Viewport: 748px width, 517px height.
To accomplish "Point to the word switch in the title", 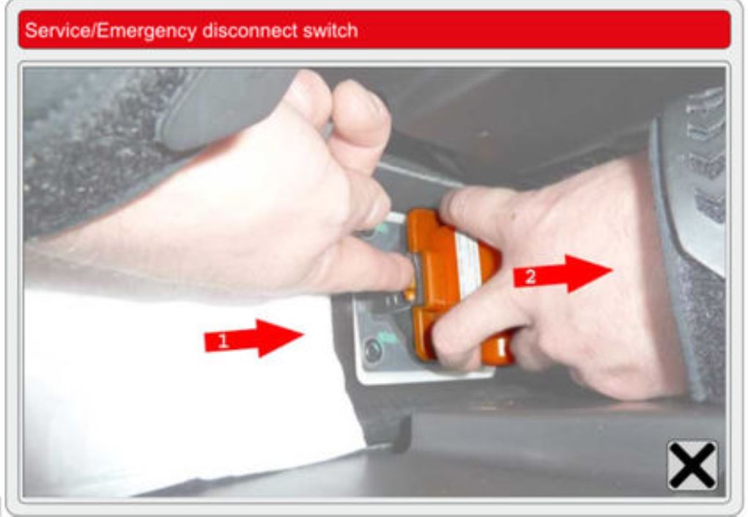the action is pyautogui.click(x=330, y=31).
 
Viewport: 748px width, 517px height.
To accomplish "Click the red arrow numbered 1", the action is pyautogui.click(x=253, y=338).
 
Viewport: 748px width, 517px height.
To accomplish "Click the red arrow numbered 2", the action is pyautogui.click(x=563, y=274).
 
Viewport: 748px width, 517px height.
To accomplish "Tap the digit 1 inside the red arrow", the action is pyautogui.click(x=222, y=341).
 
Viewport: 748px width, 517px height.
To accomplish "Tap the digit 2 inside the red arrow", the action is pyautogui.click(x=530, y=276).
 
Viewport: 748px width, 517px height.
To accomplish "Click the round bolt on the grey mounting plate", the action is pyautogui.click(x=373, y=351).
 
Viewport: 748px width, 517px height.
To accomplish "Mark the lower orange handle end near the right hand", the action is pyautogui.click(x=498, y=351).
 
